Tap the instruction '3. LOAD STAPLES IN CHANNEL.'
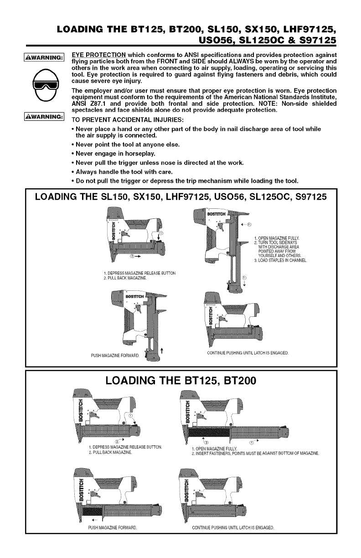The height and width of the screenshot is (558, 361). click(280, 261)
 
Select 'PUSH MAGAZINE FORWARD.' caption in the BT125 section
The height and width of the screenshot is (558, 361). click(112, 529)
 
